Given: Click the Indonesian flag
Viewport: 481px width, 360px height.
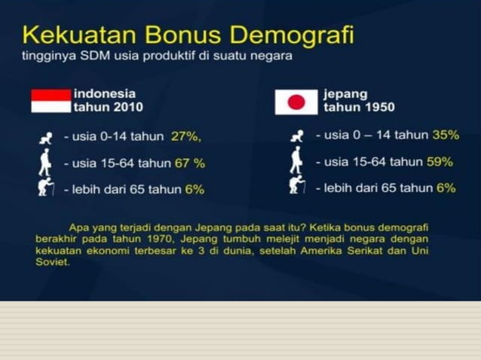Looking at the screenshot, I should click(51, 100).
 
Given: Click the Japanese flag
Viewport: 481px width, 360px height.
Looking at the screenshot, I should click(296, 102).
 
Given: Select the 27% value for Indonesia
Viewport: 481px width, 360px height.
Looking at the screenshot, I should click(185, 136).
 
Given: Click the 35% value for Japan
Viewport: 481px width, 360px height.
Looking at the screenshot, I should click(446, 135).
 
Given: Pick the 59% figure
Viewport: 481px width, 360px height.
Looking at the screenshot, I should click(440, 161).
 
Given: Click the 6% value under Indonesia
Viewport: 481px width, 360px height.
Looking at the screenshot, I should click(195, 189).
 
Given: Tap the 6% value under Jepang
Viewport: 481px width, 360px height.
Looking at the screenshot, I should click(446, 188).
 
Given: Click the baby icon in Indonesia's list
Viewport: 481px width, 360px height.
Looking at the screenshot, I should click(46, 138).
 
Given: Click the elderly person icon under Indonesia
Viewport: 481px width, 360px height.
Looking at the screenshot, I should click(47, 188).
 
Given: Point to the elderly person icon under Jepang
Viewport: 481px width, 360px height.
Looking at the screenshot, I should click(297, 185).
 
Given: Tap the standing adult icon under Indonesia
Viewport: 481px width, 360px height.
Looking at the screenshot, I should click(45, 161).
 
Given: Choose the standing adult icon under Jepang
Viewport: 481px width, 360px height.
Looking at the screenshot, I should click(296, 160).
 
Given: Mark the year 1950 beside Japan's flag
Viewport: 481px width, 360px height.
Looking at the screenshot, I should click(376, 108).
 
